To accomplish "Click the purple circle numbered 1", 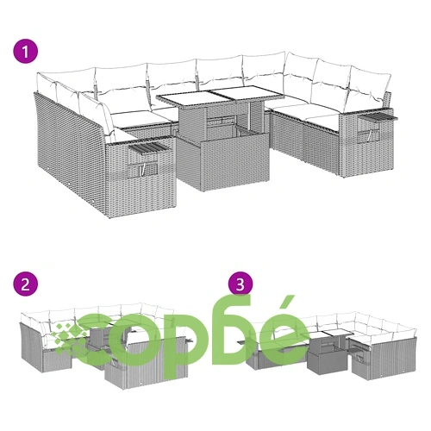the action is click(x=26, y=53).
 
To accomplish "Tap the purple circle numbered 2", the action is click(x=26, y=284).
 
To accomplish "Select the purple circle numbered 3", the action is click(x=240, y=284).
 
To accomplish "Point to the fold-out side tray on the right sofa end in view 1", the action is click(x=378, y=115).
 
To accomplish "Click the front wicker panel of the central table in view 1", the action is click(x=235, y=165).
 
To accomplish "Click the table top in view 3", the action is click(x=332, y=334).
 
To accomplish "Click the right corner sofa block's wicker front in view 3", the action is click(x=384, y=359).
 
